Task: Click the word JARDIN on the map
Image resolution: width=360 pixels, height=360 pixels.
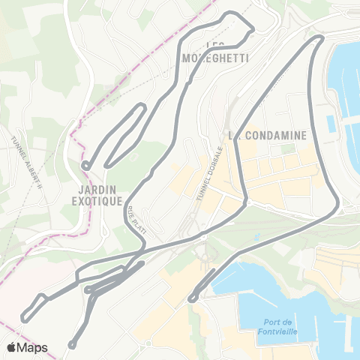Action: click(97, 190)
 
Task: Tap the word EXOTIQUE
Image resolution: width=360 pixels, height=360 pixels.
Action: click(97, 201)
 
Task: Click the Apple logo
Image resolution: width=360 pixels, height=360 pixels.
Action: click(11, 347)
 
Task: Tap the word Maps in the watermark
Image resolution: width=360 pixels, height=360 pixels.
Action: click(33, 347)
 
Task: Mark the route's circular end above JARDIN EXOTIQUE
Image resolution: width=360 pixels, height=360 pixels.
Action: click(85, 166)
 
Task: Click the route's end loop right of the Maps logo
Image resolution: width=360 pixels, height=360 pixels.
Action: click(72, 345)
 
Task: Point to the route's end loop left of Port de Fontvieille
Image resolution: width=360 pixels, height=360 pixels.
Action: click(192, 298)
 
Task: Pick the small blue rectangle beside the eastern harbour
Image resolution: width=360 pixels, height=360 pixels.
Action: click(330, 122)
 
